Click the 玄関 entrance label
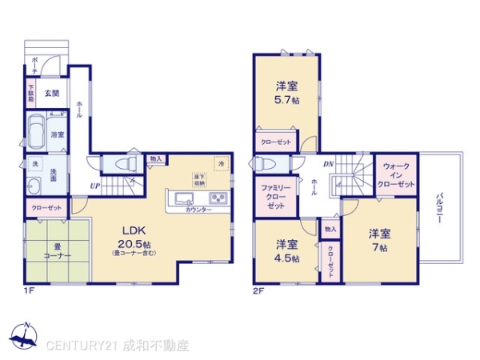(x=51, y=93)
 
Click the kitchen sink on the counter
(x=182, y=198)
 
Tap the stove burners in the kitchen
(x=218, y=198)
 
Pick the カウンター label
(x=198, y=210)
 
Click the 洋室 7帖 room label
(x=379, y=240)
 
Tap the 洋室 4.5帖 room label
(x=287, y=251)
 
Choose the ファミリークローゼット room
(x=274, y=195)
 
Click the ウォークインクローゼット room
(x=398, y=175)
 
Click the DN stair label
(x=328, y=165)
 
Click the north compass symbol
(x=24, y=336)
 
